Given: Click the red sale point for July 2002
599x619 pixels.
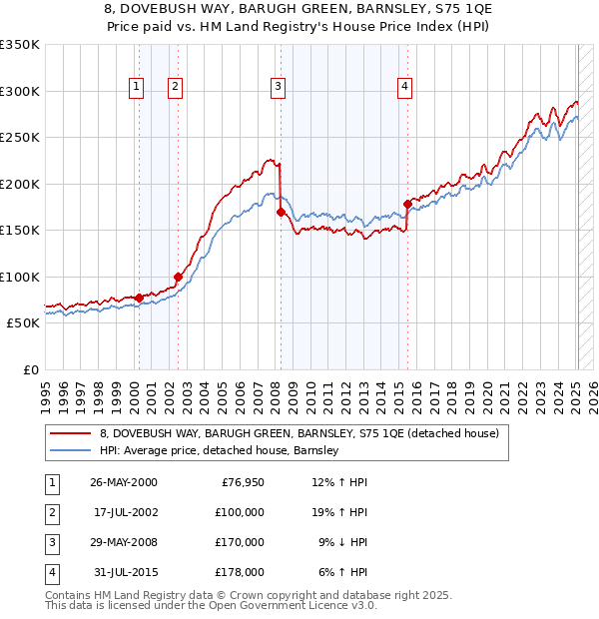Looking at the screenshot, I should [x=178, y=277].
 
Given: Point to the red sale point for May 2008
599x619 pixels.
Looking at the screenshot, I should [x=281, y=212].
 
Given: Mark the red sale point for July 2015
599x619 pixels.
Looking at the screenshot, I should [x=407, y=204].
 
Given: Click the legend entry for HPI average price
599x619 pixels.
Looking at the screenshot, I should [x=220, y=451].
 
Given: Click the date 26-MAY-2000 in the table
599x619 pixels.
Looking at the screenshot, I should [x=124, y=483].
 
